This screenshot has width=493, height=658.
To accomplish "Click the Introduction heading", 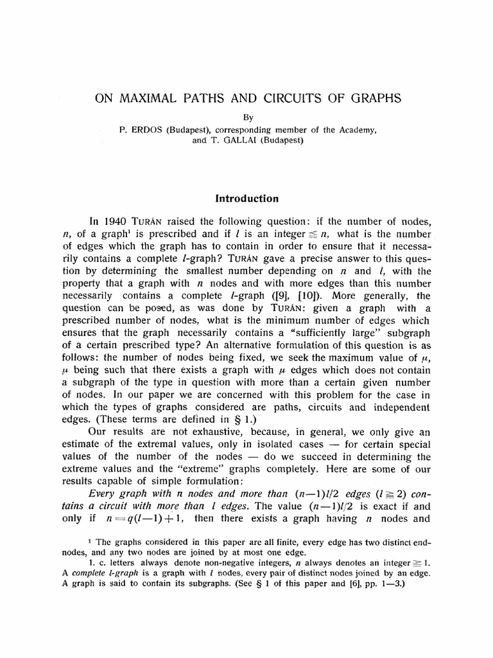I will click(x=246, y=199).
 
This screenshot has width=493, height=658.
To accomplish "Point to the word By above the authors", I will click(x=246, y=118).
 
